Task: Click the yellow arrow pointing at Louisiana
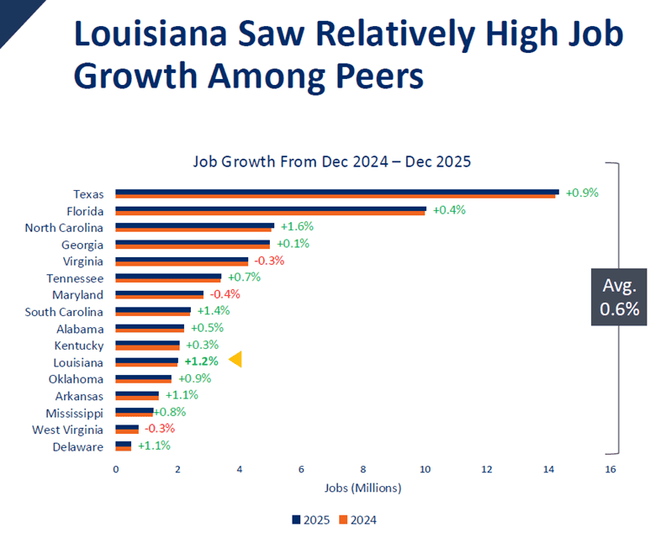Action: coord(236,360)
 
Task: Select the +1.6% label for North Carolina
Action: coord(297,227)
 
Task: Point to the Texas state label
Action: coord(88,194)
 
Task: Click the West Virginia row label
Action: coord(73,430)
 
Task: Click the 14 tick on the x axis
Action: coord(548,469)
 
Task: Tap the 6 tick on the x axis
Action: coord(301,469)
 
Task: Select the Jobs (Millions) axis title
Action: coord(362,488)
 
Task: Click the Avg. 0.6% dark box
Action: coord(619,297)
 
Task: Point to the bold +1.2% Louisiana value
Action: coord(201,361)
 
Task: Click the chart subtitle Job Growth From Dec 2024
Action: coord(331,161)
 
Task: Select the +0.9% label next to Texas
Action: coord(581,193)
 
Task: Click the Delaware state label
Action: coord(78,446)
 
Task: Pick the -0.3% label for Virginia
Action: coord(269,261)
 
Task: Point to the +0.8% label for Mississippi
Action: coord(170,412)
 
